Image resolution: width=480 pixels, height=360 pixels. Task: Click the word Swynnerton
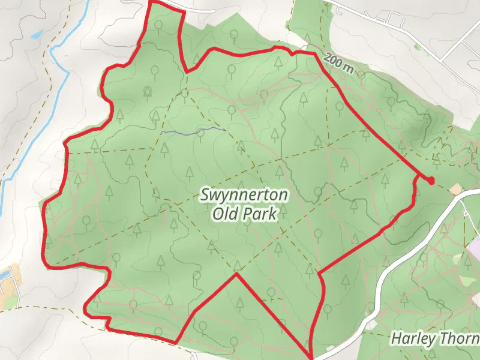245,196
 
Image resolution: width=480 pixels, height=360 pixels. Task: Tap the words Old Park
245,214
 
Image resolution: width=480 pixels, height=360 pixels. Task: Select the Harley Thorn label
435,338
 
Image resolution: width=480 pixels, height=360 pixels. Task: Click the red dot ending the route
431,181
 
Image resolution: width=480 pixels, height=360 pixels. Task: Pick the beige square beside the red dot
456,190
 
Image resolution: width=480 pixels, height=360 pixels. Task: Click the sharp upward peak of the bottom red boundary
236,274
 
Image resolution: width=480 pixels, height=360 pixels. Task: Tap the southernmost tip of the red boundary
311,356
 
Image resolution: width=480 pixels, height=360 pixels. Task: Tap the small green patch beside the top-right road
418,46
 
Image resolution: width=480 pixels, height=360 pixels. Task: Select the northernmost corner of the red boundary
149,3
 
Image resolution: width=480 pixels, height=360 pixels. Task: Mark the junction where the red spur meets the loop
418,176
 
